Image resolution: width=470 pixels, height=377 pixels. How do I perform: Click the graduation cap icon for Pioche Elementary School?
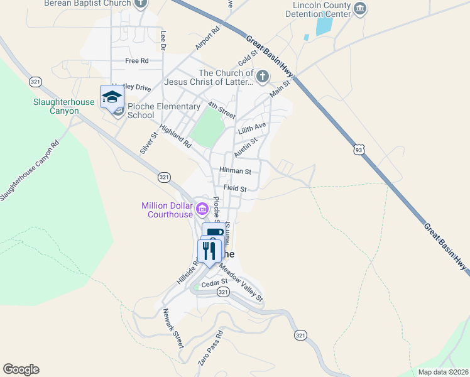pos(111,97)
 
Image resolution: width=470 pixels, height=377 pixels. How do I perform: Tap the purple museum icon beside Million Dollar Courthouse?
pos(202,209)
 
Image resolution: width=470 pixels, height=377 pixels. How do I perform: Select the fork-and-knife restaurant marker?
pos(209,250)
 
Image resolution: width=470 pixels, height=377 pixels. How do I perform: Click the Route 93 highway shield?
pos(358,150)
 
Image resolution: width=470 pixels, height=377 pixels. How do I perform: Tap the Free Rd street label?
pos(136,61)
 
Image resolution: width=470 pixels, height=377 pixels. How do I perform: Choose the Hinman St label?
pos(235,170)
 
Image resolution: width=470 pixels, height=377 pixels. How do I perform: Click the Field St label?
pos(235,188)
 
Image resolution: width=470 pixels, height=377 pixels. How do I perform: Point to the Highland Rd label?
pos(175,136)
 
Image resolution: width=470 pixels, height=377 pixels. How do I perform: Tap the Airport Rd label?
pos(207,38)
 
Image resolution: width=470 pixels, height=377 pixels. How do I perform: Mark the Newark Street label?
pos(173,329)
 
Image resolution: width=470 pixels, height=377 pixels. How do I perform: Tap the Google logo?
pos(21,369)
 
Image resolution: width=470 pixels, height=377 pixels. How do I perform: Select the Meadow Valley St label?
pos(241,280)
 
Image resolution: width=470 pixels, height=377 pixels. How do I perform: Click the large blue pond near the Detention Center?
pos(324,25)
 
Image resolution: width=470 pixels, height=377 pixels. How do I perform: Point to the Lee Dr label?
pos(163,40)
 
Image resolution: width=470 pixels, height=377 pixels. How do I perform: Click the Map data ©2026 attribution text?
pos(443,372)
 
